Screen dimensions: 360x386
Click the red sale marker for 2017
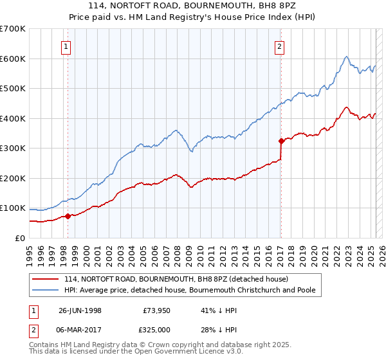[281, 141]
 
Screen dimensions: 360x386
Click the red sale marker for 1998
[68, 216]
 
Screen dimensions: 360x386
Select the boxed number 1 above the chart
[67, 46]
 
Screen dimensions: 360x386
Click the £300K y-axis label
[14, 148]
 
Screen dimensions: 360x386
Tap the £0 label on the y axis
[20, 238]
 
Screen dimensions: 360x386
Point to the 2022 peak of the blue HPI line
[346, 57]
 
